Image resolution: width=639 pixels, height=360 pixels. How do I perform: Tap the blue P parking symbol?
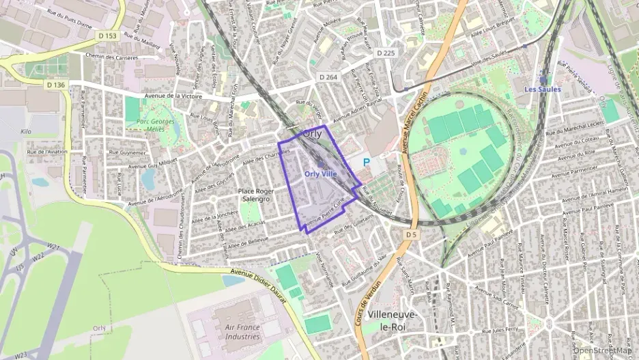(x=366, y=163)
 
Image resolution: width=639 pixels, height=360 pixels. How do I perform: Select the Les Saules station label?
(x=543, y=89)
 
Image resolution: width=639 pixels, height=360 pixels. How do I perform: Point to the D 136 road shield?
(x=57, y=85)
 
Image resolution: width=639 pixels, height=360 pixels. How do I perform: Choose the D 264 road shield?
(x=328, y=78)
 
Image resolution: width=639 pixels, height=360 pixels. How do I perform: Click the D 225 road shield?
(x=386, y=53)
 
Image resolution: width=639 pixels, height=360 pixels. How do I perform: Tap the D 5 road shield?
(x=410, y=234)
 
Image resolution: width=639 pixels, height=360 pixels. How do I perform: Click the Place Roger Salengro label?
(x=256, y=195)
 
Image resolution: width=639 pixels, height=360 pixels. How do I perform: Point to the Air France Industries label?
(x=242, y=331)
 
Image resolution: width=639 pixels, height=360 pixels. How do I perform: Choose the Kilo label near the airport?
(x=27, y=130)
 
